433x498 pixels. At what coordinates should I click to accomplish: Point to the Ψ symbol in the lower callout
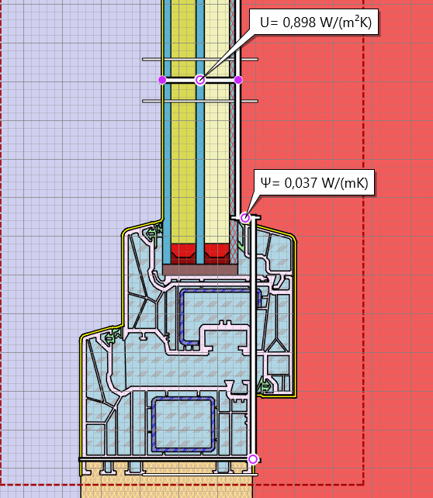(x=266, y=182)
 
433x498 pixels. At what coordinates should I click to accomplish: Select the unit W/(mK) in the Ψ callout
(x=345, y=183)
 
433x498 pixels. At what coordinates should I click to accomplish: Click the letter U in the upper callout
(x=265, y=22)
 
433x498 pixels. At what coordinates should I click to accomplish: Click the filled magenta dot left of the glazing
(x=162, y=80)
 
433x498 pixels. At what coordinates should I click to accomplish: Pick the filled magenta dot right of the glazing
(x=238, y=80)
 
